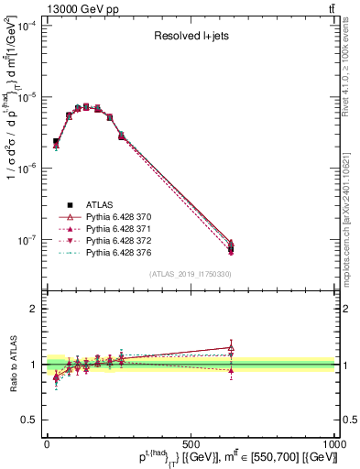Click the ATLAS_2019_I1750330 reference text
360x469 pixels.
(190, 274)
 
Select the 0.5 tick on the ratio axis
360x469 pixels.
(31, 420)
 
